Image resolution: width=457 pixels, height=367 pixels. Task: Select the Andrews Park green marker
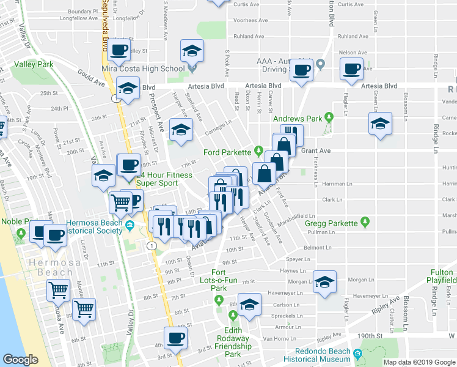[x=329, y=116]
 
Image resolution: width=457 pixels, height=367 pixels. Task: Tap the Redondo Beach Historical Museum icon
[x=357, y=352]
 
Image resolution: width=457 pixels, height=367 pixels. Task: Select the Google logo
[x=21, y=360]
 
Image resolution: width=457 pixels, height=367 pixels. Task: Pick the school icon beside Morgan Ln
[x=325, y=282]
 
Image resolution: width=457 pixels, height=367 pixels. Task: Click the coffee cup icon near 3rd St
[x=175, y=338]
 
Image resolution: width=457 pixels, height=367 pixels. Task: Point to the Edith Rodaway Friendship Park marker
[x=232, y=315]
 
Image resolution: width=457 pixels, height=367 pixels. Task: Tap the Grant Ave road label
[x=315, y=150]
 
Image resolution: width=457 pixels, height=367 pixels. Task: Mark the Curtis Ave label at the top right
[x=350, y=4]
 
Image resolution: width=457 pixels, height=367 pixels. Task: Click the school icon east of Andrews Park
[x=379, y=124]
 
